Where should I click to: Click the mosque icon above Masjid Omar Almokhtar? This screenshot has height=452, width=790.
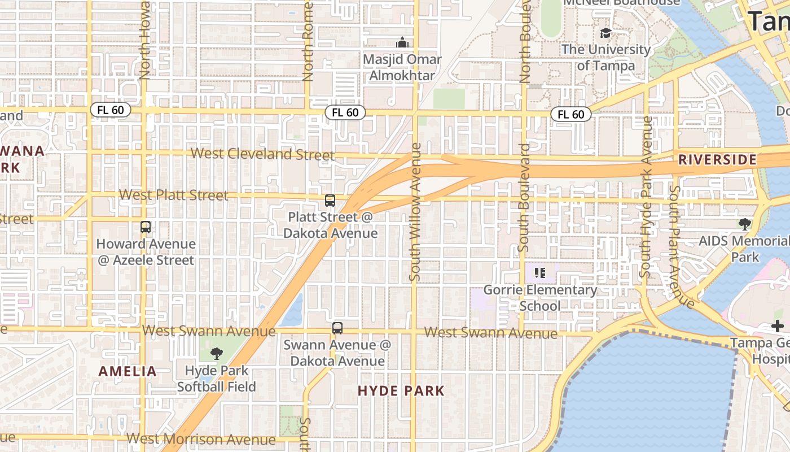[402, 42]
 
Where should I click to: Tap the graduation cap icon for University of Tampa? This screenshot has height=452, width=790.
[605, 33]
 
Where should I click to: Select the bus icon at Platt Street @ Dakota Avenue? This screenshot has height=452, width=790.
[330, 201]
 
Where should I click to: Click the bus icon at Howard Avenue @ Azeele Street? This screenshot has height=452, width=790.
[146, 227]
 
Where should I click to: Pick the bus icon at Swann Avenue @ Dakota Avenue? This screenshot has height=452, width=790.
[337, 328]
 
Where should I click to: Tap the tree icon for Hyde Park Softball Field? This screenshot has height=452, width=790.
[216, 354]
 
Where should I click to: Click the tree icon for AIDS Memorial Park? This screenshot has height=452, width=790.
[745, 224]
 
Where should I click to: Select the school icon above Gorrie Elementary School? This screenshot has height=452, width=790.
[540, 273]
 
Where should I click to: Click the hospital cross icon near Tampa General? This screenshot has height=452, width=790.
[777, 326]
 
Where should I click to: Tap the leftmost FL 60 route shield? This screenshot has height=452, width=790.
[111, 110]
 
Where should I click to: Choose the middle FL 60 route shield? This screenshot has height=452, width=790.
[345, 112]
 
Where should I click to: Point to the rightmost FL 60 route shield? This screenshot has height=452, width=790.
[570, 114]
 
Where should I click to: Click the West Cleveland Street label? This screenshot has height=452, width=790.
[262, 154]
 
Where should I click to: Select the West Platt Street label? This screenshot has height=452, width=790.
[174, 195]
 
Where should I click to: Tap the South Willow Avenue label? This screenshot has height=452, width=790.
[415, 212]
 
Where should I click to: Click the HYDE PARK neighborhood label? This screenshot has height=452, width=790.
[401, 390]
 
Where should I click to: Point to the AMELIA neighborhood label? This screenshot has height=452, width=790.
[128, 371]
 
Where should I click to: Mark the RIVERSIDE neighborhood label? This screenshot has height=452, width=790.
[717, 159]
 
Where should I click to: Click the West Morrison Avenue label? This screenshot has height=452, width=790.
[201, 438]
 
